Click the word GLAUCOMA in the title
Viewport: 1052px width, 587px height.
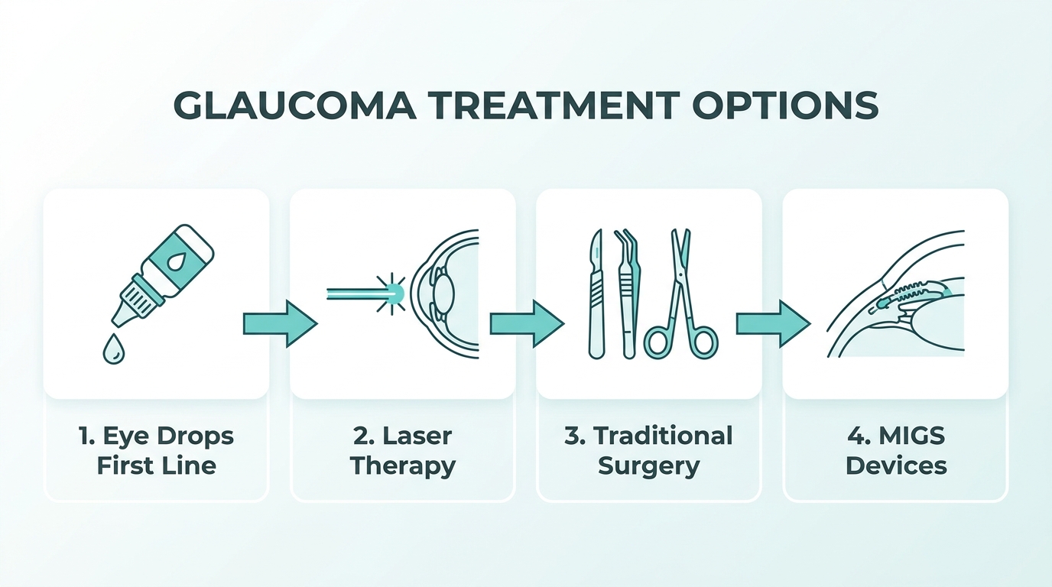coord(295,105)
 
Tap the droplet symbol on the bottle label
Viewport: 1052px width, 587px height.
coord(176,262)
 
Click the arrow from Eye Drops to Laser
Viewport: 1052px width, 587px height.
coord(281,324)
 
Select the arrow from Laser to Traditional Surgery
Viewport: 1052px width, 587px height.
coord(527,324)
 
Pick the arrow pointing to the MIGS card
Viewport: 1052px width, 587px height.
coord(773,324)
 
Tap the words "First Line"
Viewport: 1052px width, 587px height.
coord(157,465)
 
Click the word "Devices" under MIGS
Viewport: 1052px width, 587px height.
coord(896,465)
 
